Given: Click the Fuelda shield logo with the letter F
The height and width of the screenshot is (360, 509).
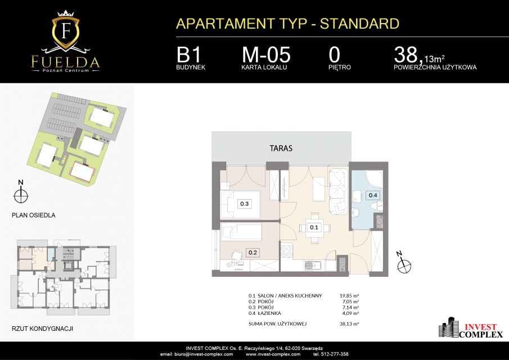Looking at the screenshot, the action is [x=66, y=32].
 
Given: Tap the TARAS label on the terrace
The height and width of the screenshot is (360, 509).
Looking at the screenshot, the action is [x=281, y=148].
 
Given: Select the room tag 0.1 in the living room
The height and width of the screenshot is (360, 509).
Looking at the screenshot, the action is [x=314, y=227].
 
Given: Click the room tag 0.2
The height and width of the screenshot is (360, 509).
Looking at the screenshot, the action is [x=253, y=253].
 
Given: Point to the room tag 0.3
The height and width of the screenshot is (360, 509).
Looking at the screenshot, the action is [x=245, y=204].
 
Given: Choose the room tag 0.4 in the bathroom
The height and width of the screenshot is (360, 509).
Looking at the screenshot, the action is [x=373, y=195].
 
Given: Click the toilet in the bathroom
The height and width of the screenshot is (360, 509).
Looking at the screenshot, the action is [x=377, y=205].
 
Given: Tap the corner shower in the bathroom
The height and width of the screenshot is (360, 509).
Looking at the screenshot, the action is [x=374, y=178].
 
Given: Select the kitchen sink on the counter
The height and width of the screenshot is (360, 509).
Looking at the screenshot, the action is [x=313, y=266].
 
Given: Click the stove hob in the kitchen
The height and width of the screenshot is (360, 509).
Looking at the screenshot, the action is [x=287, y=251].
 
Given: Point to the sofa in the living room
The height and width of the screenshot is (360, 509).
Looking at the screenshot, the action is [x=338, y=191].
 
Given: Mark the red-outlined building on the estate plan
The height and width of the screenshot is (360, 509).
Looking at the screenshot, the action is [x=82, y=172].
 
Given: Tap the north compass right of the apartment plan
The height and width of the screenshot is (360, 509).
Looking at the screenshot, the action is [x=403, y=264].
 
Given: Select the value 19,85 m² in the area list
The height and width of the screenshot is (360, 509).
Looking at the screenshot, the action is [x=349, y=296].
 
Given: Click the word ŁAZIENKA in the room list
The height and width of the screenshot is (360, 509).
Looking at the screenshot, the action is [x=269, y=313].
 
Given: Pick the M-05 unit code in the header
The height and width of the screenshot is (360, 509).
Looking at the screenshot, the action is [x=266, y=55].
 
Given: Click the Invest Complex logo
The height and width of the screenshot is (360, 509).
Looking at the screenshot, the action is [x=471, y=328].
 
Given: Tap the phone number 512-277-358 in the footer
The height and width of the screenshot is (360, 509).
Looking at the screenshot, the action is [x=334, y=354].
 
